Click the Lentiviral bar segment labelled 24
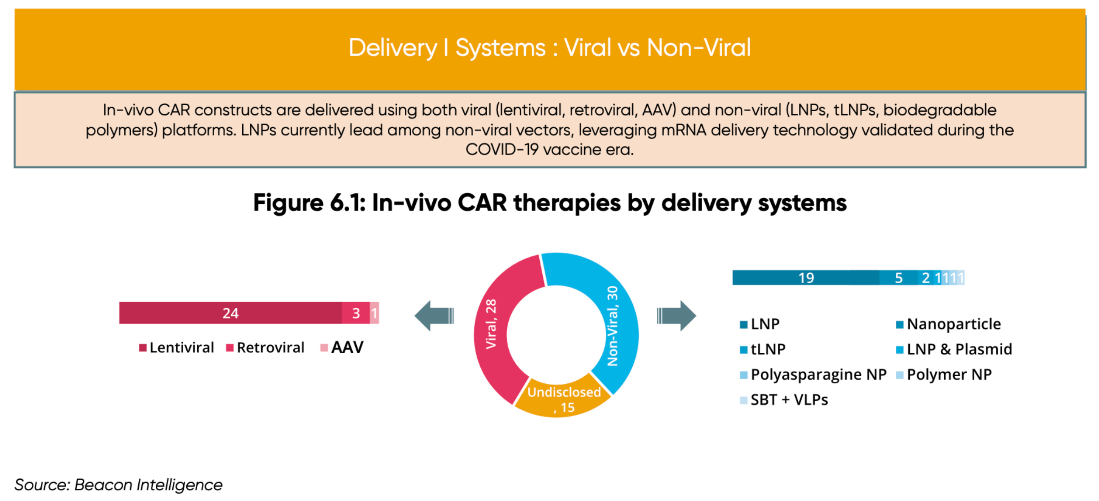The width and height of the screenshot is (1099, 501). [230, 313]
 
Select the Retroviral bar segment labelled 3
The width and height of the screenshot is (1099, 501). [356, 313]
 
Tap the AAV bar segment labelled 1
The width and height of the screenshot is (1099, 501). [374, 313]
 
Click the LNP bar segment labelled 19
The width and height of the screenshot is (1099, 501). [806, 277]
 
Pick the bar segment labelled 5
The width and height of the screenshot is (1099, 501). [898, 277]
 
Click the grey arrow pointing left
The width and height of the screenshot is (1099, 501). [434, 316]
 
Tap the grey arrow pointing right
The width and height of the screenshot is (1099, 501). [677, 316]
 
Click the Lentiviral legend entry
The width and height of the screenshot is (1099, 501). [176, 347]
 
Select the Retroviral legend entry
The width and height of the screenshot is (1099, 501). [265, 347]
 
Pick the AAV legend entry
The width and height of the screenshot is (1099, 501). [342, 347]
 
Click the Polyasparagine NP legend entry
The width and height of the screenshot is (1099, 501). [813, 374]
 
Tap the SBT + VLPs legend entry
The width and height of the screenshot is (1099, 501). [784, 400]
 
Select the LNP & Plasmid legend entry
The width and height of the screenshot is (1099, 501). [954, 349]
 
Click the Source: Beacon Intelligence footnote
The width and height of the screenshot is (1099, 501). [118, 485]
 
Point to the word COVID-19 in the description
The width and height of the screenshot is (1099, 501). [502, 149]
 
